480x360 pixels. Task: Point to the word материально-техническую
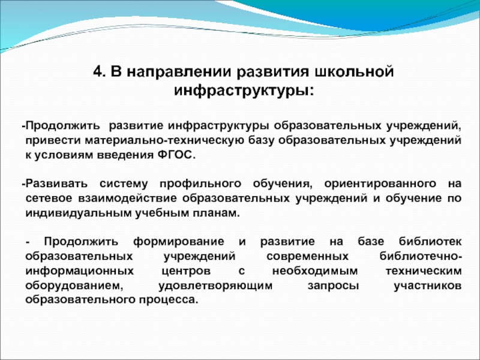(x=164, y=140)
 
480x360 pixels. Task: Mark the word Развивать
(x=56, y=184)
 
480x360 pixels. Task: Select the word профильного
(x=200, y=184)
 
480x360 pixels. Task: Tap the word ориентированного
(x=380, y=184)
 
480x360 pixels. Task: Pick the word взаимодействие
(x=127, y=199)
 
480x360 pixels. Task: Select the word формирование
(x=178, y=242)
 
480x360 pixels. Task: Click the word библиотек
(x=430, y=242)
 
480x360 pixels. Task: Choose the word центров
(x=186, y=271)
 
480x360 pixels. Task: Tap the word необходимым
(x=315, y=271)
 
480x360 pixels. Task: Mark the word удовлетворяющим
(x=215, y=286)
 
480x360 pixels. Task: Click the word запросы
(x=334, y=286)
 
